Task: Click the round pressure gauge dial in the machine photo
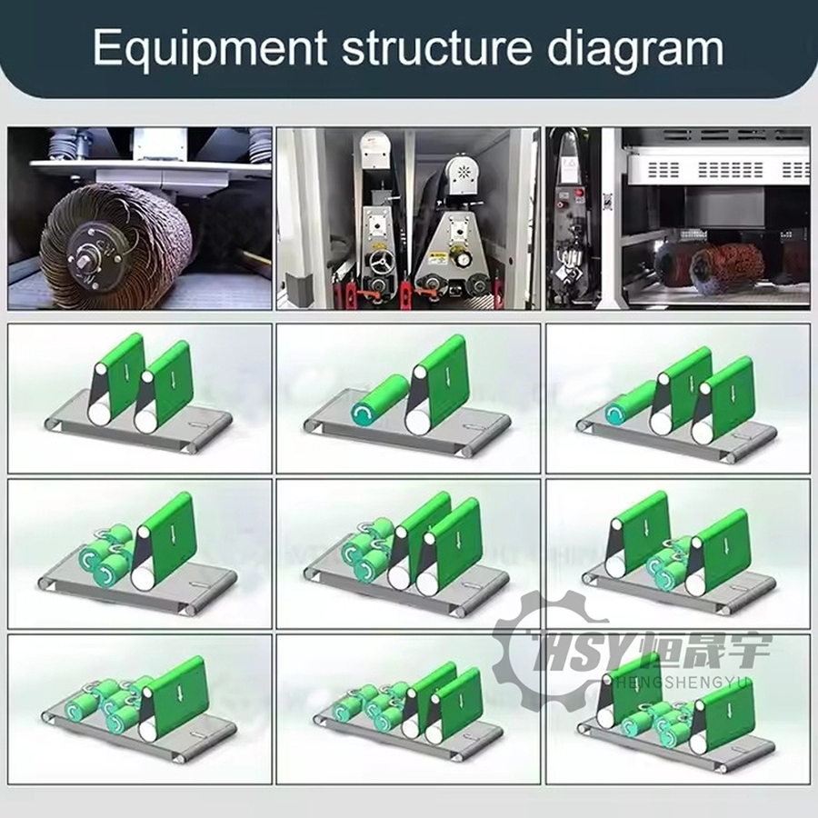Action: pos(464,259)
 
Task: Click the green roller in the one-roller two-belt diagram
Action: pos(627,405)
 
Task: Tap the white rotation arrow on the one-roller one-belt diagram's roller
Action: pos(363,416)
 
